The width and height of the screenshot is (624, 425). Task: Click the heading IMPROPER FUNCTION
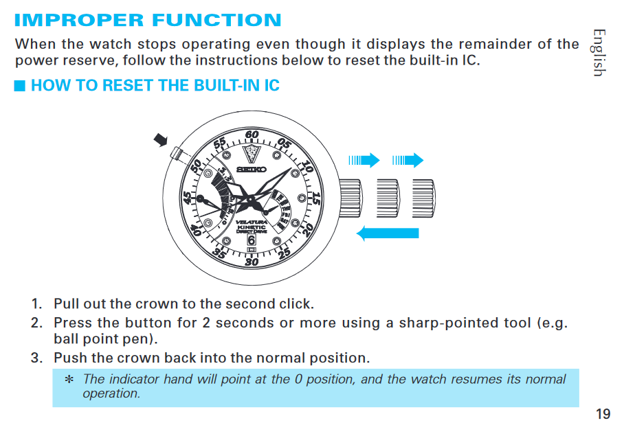[148, 21]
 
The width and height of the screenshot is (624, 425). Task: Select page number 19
[603, 414]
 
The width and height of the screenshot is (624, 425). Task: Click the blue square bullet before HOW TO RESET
[19, 85]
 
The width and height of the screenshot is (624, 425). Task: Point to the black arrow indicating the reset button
[161, 139]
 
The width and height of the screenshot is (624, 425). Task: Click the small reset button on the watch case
[177, 154]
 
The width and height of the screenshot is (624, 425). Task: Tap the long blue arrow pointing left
[388, 233]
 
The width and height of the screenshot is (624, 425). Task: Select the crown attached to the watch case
[350, 198]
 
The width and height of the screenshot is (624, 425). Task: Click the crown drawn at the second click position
[424, 198]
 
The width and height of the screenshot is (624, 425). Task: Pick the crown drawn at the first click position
[388, 198]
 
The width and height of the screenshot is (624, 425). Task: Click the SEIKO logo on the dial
[252, 170]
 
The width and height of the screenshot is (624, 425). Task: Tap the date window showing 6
[252, 240]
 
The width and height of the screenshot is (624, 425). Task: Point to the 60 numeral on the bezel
[252, 135]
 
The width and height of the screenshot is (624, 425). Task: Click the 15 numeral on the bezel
[315, 198]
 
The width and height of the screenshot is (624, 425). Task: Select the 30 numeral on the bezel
[252, 262]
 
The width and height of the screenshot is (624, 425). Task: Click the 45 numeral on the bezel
[187, 198]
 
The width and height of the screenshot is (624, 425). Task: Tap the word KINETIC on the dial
[252, 227]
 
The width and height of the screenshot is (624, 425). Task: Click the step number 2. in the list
[36, 323]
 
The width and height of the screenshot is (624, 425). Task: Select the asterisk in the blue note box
[69, 379]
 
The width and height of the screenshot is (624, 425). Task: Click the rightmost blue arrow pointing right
[408, 160]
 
